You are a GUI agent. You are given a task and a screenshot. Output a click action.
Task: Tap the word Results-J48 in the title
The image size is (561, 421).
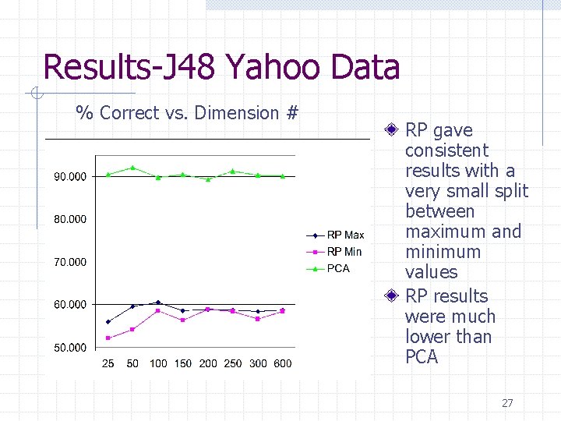[x=129, y=67]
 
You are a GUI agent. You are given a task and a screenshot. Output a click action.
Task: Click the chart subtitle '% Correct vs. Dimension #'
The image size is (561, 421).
[x=187, y=113]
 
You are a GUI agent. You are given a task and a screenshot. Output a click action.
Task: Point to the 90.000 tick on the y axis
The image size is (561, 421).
[x=70, y=177]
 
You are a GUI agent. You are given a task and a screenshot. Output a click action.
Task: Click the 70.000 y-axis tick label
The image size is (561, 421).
[x=70, y=262]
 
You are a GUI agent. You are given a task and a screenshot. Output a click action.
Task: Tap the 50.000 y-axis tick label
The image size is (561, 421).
[x=70, y=347]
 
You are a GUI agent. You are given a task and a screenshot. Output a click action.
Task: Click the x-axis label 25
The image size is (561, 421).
[x=108, y=363]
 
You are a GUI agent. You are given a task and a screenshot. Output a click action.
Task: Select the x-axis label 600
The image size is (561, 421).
[x=283, y=363]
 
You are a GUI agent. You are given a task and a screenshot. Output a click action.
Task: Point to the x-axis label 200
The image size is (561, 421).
[x=208, y=363]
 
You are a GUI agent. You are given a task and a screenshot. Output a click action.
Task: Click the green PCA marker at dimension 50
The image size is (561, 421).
[x=133, y=168]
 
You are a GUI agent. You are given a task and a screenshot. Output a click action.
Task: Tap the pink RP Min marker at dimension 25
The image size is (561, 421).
[x=108, y=338]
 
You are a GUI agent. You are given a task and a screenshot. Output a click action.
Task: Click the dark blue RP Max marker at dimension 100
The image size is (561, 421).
[x=158, y=302]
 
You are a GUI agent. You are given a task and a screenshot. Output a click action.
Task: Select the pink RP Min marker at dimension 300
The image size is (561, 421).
[x=258, y=319]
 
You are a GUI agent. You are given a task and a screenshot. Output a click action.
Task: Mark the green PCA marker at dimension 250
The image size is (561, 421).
[x=233, y=171]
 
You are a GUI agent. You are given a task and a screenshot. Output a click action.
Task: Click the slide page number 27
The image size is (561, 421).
[x=507, y=403]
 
